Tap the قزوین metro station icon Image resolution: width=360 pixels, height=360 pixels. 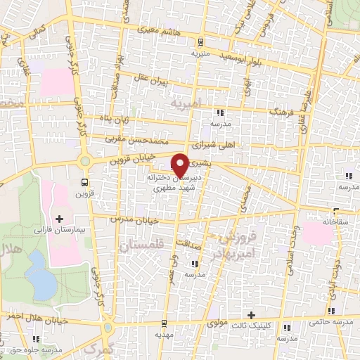(83, 181)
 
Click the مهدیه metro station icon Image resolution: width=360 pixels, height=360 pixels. (164, 324)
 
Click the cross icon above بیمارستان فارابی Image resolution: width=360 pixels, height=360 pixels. (59, 219)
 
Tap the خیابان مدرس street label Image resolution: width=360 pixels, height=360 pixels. (134, 220)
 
